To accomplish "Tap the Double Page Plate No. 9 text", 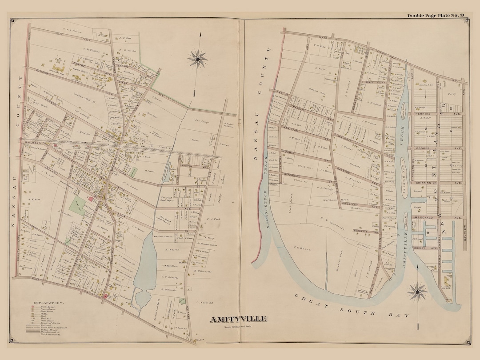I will pos(436,16).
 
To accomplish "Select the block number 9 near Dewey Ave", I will pos(428,232).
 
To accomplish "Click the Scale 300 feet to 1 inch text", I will pos(238,328).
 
